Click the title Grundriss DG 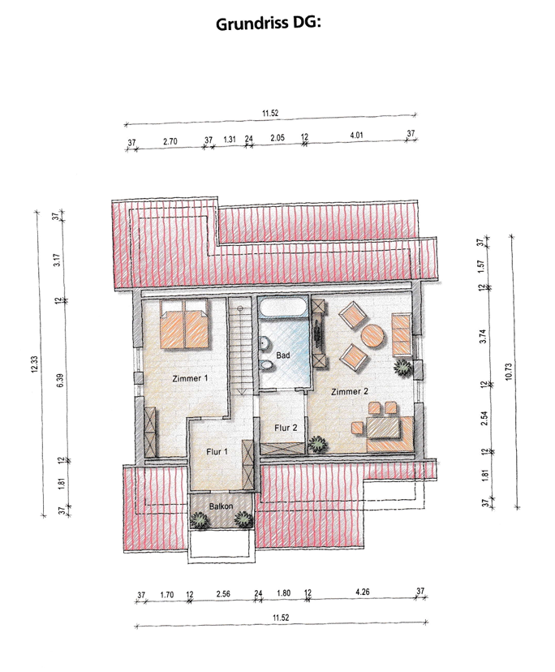pos(269,24)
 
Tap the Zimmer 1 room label pos(190,378)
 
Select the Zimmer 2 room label pos(350,391)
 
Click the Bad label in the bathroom pos(283,355)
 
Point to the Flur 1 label pos(217,452)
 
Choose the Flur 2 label pos(286,428)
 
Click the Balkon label pos(222,506)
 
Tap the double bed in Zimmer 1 pos(184,324)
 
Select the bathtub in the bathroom pos(283,308)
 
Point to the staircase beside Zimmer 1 pos(239,347)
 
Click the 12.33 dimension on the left pos(35,364)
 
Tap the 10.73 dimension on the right pos(509,371)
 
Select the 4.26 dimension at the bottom pos(363,592)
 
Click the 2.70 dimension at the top pos(170,141)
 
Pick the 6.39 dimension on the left pos(60,381)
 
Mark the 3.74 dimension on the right pos(483,336)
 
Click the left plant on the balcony pos(200,521)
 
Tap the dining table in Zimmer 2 pos(383,427)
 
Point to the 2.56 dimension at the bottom pos(223,594)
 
